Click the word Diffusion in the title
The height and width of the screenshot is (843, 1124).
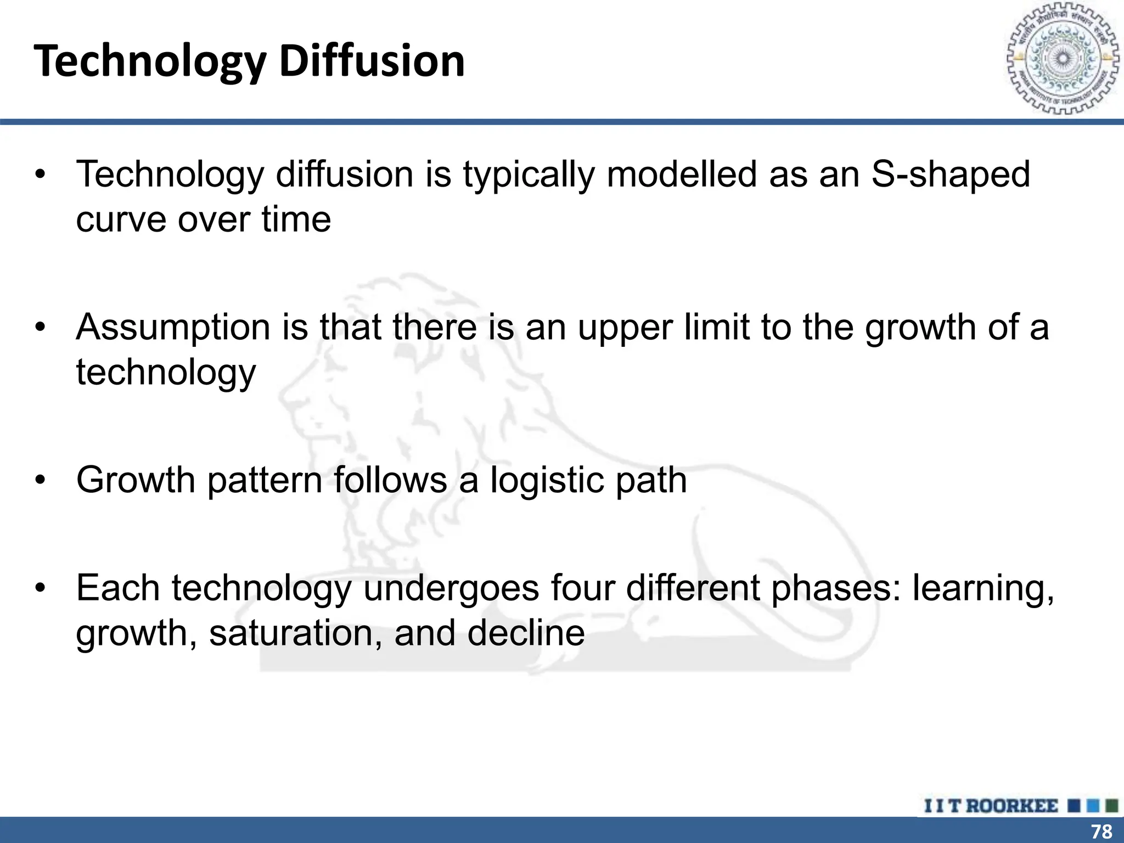[x=372, y=61]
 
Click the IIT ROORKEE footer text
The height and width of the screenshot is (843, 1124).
[x=991, y=806]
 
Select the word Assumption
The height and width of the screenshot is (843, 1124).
[x=173, y=328]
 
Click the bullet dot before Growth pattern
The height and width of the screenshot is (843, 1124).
[x=40, y=481]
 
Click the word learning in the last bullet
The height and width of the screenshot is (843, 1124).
[x=983, y=588]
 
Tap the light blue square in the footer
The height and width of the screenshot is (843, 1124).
[x=1093, y=806]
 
